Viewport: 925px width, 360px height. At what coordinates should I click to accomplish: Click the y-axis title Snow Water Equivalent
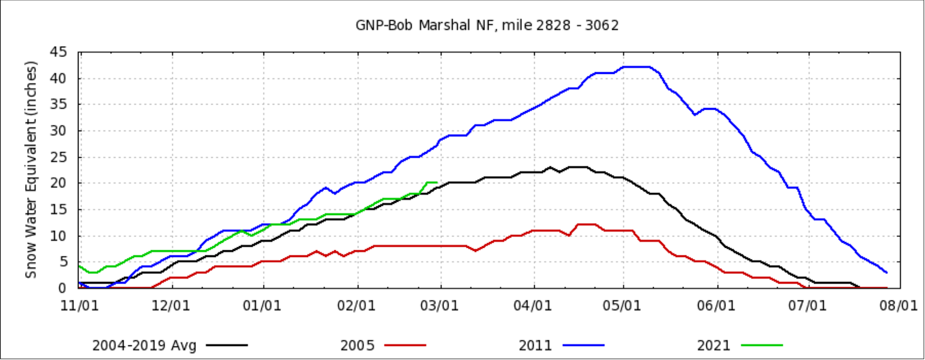click(x=31, y=169)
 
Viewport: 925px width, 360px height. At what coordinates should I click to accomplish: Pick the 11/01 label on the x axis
click(x=79, y=305)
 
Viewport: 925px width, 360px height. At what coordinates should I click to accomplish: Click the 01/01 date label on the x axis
click(x=264, y=305)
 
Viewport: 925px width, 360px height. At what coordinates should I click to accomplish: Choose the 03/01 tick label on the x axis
click(x=441, y=305)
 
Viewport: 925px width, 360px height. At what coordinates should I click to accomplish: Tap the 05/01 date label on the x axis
click(x=624, y=305)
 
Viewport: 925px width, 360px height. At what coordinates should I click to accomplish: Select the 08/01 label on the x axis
click(x=900, y=305)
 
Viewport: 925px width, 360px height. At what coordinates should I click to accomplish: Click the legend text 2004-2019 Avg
click(x=145, y=346)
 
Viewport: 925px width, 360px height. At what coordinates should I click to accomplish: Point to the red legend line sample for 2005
click(x=405, y=346)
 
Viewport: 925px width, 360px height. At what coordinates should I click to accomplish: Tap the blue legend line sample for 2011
click(x=584, y=346)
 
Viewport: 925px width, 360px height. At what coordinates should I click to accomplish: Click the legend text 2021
click(x=713, y=346)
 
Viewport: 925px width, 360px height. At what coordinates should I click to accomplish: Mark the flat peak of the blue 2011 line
click(x=636, y=67)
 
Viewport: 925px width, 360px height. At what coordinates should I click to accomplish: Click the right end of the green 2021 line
click(x=436, y=183)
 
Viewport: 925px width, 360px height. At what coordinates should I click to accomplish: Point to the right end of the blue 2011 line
click(x=887, y=272)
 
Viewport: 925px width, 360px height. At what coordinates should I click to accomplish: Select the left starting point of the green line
click(x=79, y=266)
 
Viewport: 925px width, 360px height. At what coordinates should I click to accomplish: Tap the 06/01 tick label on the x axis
click(x=717, y=305)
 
